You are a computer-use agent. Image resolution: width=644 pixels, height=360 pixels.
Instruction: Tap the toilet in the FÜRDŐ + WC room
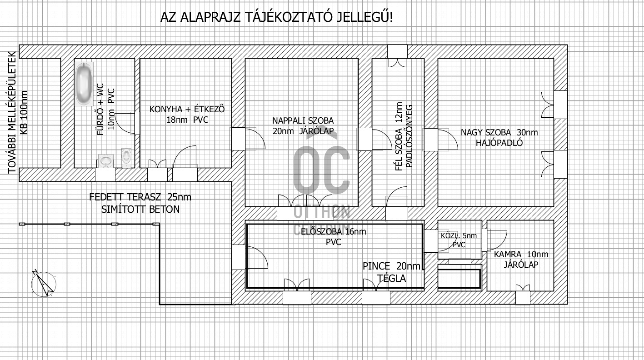(x=126, y=158)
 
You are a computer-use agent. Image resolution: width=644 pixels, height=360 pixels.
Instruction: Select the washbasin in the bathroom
(x=106, y=161)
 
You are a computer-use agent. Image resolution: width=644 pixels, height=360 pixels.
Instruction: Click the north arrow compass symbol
(x=44, y=284)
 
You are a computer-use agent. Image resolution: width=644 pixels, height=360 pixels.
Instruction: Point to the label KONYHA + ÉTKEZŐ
(x=187, y=109)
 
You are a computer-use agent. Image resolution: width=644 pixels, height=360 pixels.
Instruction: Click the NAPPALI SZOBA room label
(x=303, y=120)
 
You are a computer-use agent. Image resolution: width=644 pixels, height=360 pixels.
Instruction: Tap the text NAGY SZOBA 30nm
(x=499, y=133)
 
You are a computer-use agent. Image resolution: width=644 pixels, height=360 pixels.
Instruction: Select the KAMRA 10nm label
(x=521, y=254)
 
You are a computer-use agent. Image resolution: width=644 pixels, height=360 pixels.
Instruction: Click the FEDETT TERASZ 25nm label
(x=140, y=197)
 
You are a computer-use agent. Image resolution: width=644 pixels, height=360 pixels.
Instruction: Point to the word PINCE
(x=376, y=266)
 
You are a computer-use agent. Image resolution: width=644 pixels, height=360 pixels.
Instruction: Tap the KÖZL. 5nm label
(x=459, y=236)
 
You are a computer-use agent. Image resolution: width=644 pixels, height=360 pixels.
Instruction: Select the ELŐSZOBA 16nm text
(x=334, y=231)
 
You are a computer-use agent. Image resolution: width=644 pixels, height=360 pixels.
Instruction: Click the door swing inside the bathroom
(x=125, y=123)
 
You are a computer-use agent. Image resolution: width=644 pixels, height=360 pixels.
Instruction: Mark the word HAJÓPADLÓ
(x=499, y=143)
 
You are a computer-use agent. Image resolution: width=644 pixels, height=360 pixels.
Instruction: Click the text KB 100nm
(x=24, y=112)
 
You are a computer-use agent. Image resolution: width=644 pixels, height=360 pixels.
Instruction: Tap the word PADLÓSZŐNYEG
(x=409, y=136)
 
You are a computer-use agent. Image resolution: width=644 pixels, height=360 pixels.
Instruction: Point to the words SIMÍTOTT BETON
(x=140, y=209)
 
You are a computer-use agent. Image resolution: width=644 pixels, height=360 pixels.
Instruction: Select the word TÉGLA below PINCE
(x=392, y=278)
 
